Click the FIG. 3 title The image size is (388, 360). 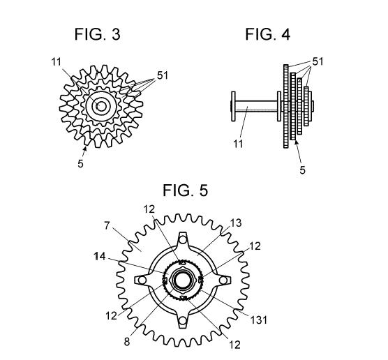(x=98, y=34)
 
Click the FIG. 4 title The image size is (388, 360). (x=268, y=34)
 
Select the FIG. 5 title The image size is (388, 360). (x=186, y=190)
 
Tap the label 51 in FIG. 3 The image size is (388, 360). (x=163, y=75)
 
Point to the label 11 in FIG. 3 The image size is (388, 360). (x=56, y=62)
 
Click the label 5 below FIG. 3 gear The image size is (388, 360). (x=80, y=163)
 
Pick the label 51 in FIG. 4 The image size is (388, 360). (x=318, y=61)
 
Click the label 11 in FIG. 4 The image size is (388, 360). (x=238, y=144)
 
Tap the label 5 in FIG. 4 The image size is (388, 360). (x=302, y=170)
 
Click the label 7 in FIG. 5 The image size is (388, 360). (x=107, y=225)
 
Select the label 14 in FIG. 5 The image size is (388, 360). (x=100, y=256)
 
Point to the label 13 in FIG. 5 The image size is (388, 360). (x=236, y=223)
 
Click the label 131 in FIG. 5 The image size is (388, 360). (x=259, y=320)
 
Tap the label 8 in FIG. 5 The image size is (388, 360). (x=127, y=342)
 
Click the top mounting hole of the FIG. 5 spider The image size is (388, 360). (x=183, y=239)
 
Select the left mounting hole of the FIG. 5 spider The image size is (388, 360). (x=142, y=280)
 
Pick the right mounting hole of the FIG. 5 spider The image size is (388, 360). (x=223, y=280)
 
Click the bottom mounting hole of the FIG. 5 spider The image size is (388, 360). (x=183, y=321)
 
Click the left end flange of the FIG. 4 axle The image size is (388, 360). (x=233, y=106)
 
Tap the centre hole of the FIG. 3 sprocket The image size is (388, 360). (x=101, y=106)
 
